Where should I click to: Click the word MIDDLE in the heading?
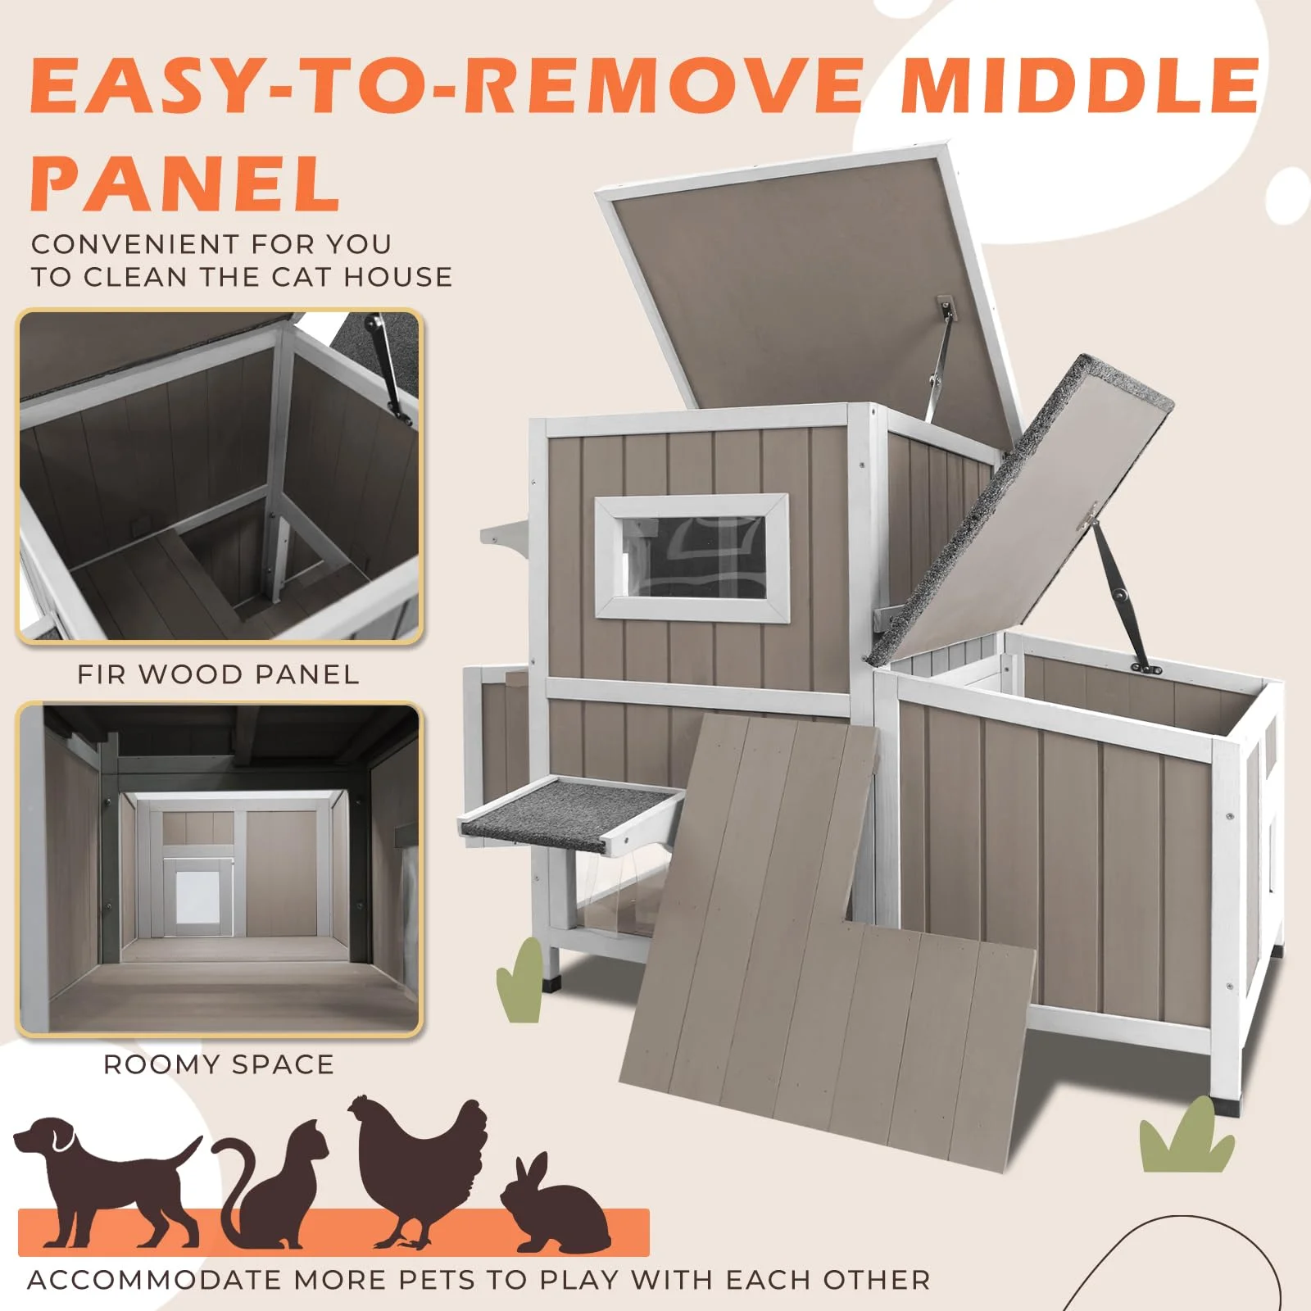[1080, 85]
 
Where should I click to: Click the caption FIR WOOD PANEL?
[218, 674]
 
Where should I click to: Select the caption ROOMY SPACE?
[219, 1064]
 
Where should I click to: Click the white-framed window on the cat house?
[691, 556]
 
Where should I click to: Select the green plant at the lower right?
[1186, 1139]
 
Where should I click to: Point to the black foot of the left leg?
[554, 982]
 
